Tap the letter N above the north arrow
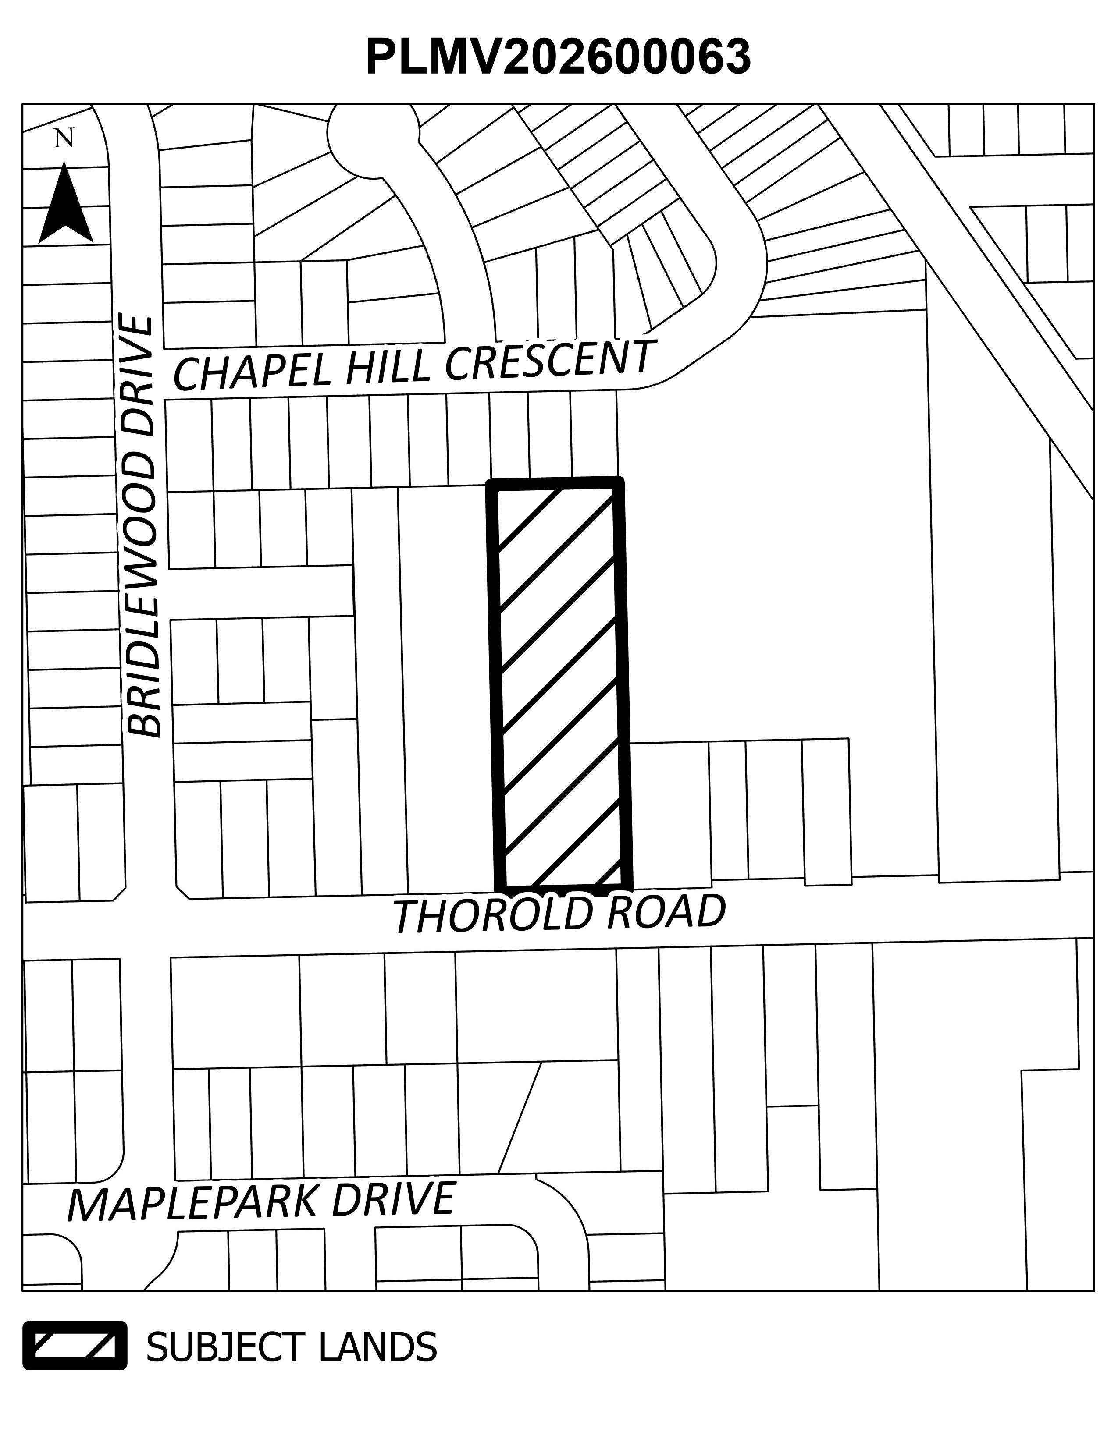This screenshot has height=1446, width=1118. pos(64,138)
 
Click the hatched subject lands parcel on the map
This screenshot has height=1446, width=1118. pos(560,682)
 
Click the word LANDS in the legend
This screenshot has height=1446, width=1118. pos(377,1346)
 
